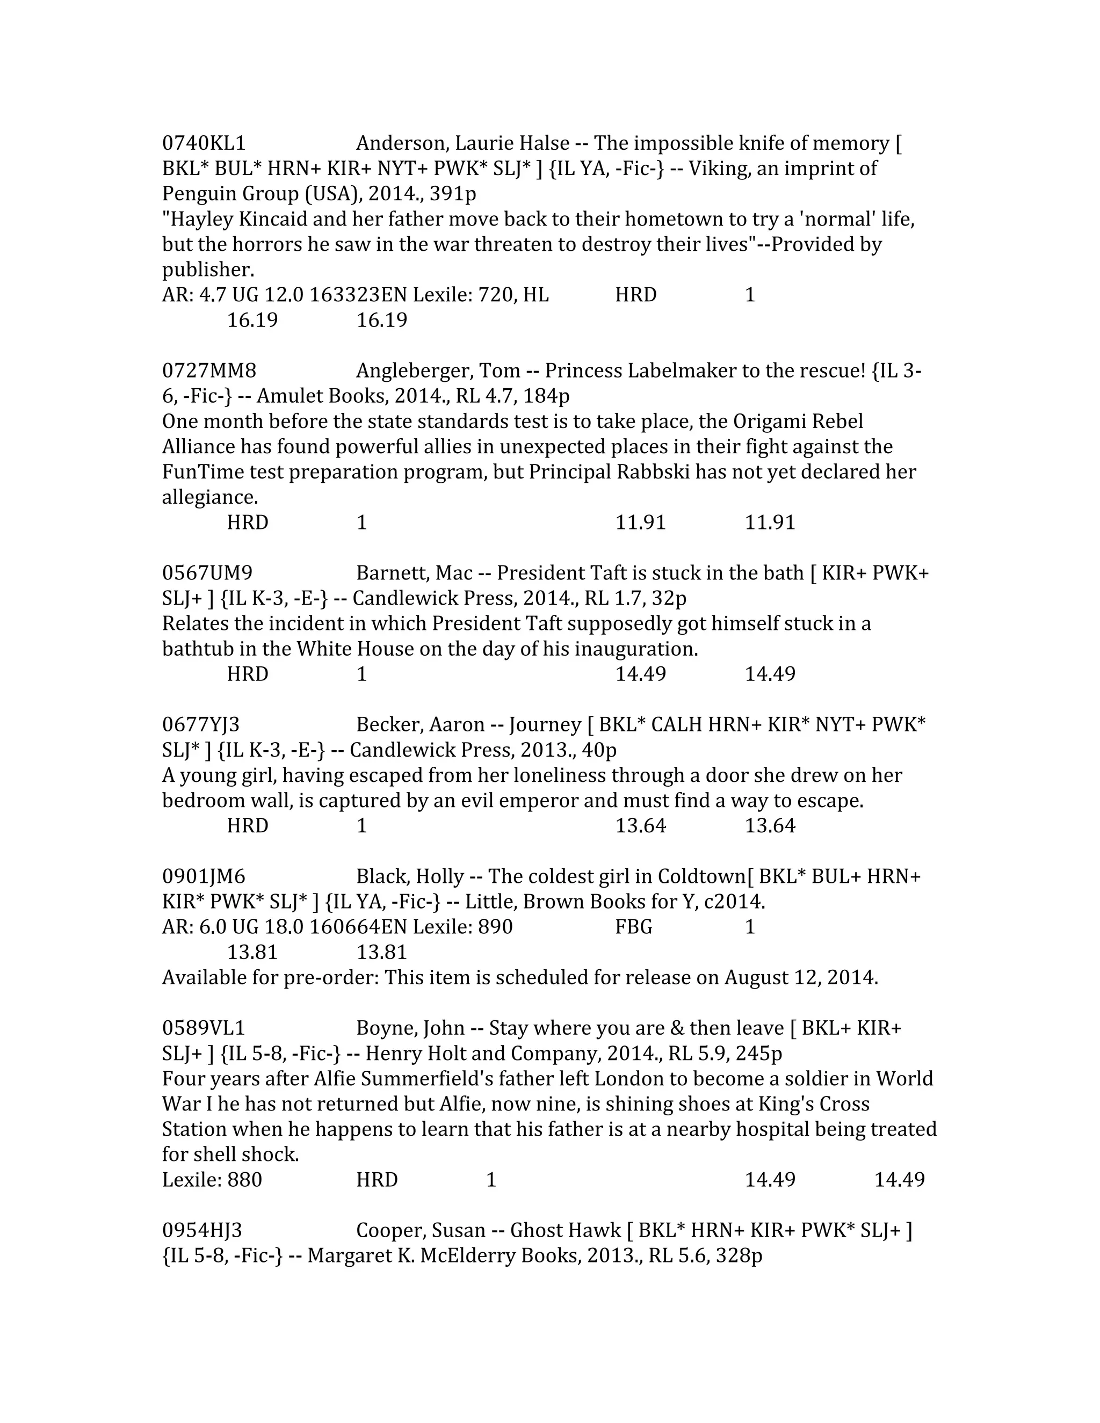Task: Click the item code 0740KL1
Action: coord(204,143)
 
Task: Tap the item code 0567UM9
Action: coord(207,573)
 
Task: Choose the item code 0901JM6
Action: coord(204,876)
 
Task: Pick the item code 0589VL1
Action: coord(204,1028)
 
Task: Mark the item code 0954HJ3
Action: coord(202,1230)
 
